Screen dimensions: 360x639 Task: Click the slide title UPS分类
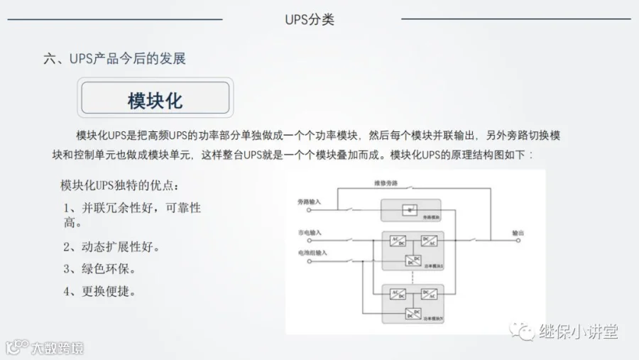(x=309, y=19)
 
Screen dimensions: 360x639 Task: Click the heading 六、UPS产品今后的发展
(x=114, y=59)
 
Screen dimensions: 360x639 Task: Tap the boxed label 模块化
(x=155, y=99)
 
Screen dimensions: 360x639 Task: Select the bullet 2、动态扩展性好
(x=111, y=247)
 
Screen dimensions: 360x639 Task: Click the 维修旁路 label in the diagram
(x=386, y=183)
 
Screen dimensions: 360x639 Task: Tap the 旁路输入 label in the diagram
(x=310, y=202)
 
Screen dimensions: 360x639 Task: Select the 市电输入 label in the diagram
(x=310, y=232)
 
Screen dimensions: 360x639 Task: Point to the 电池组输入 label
(x=312, y=252)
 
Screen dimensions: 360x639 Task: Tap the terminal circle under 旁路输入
(x=308, y=210)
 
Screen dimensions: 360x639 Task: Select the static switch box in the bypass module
(x=408, y=209)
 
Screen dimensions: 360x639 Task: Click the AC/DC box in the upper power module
(x=398, y=241)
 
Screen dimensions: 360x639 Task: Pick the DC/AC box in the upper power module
(x=428, y=241)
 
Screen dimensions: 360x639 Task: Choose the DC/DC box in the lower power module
(x=413, y=313)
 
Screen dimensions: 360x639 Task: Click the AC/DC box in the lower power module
(x=398, y=293)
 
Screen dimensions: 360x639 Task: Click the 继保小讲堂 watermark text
(x=577, y=331)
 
